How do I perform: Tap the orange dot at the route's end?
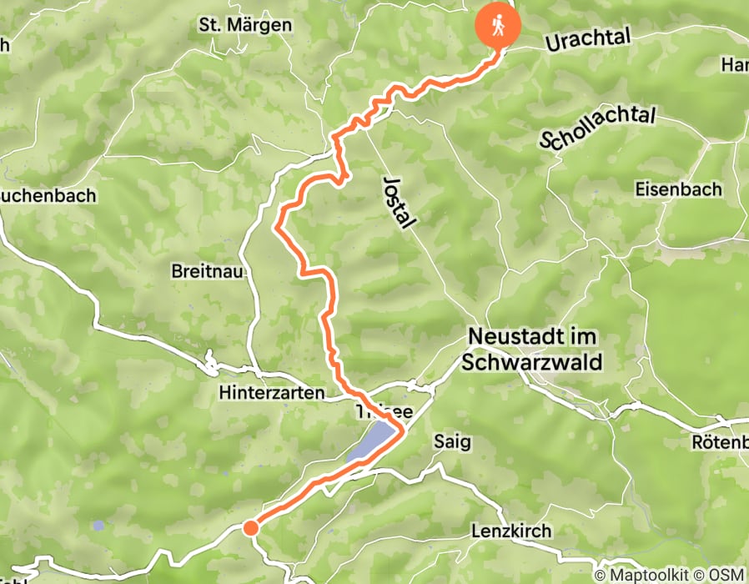(x=250, y=526)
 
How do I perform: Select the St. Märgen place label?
(x=245, y=25)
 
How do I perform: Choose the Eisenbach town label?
(x=678, y=189)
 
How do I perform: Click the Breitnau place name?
(x=206, y=271)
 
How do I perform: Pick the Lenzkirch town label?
(x=512, y=531)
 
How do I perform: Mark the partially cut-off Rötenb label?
(x=720, y=442)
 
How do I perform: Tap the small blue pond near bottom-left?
(x=99, y=526)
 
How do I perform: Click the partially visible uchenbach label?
(x=48, y=196)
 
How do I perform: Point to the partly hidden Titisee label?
(x=372, y=411)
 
